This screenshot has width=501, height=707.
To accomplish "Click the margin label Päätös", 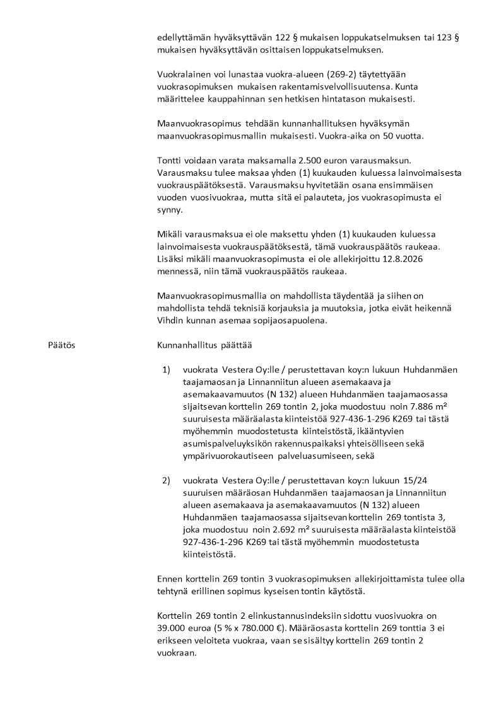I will [x=61, y=346].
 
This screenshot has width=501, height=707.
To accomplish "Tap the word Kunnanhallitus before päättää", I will [x=187, y=346].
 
